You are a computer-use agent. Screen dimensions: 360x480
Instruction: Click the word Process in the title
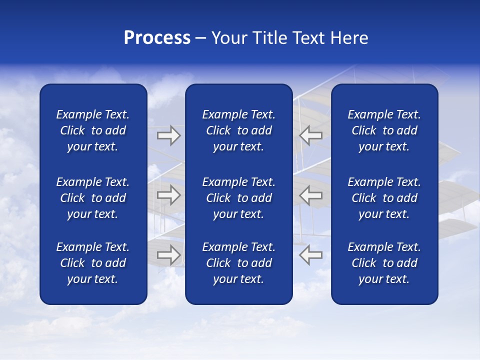tap(157, 38)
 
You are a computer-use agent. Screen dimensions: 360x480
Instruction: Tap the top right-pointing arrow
tap(168, 135)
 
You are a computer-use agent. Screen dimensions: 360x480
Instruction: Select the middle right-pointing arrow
tap(168, 195)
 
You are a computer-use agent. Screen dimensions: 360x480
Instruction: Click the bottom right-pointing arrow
tap(168, 255)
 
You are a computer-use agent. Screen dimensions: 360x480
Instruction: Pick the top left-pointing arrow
tap(311, 135)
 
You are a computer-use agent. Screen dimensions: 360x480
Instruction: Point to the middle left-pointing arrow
tap(311, 195)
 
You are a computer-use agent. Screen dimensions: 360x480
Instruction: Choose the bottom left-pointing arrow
tap(311, 255)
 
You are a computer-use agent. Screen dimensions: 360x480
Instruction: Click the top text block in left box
tap(93, 130)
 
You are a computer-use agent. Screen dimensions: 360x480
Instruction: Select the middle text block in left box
tap(93, 198)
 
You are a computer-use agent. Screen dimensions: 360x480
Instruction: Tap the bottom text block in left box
tap(93, 263)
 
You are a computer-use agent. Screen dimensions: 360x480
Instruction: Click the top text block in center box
tap(238, 130)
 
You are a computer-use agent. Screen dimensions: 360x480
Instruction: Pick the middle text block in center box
tap(238, 198)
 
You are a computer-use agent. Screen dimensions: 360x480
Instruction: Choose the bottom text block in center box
tap(238, 263)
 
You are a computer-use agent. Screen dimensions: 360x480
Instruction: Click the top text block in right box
tap(384, 130)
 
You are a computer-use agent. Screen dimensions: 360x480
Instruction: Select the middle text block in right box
tap(384, 198)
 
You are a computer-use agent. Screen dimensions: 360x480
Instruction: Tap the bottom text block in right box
tap(384, 263)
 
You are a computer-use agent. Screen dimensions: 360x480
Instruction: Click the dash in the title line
tap(200, 38)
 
